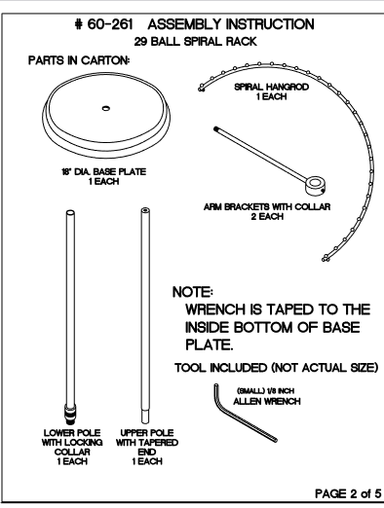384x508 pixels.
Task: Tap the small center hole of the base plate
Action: [x=106, y=108]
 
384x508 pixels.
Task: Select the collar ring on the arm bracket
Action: [x=316, y=186]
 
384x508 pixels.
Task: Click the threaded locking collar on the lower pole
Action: [x=70, y=415]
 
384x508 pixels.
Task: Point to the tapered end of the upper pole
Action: [x=145, y=417]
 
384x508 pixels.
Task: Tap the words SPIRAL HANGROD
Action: [x=271, y=87]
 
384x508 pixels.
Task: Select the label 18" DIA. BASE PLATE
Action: [x=104, y=171]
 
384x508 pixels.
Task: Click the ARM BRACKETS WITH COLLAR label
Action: [x=267, y=206]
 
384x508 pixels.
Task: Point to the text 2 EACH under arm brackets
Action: [x=267, y=216]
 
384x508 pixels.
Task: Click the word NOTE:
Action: [x=193, y=292]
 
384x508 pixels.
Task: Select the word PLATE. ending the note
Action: [x=210, y=345]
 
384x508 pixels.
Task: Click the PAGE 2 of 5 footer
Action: [x=348, y=493]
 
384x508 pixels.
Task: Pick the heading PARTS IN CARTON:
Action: [x=79, y=60]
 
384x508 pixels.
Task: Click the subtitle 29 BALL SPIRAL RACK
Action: [x=196, y=42]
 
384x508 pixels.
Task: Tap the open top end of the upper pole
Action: [x=145, y=210]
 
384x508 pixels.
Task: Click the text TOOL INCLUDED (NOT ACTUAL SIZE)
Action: [x=277, y=368]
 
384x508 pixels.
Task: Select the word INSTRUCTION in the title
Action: [x=270, y=24]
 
